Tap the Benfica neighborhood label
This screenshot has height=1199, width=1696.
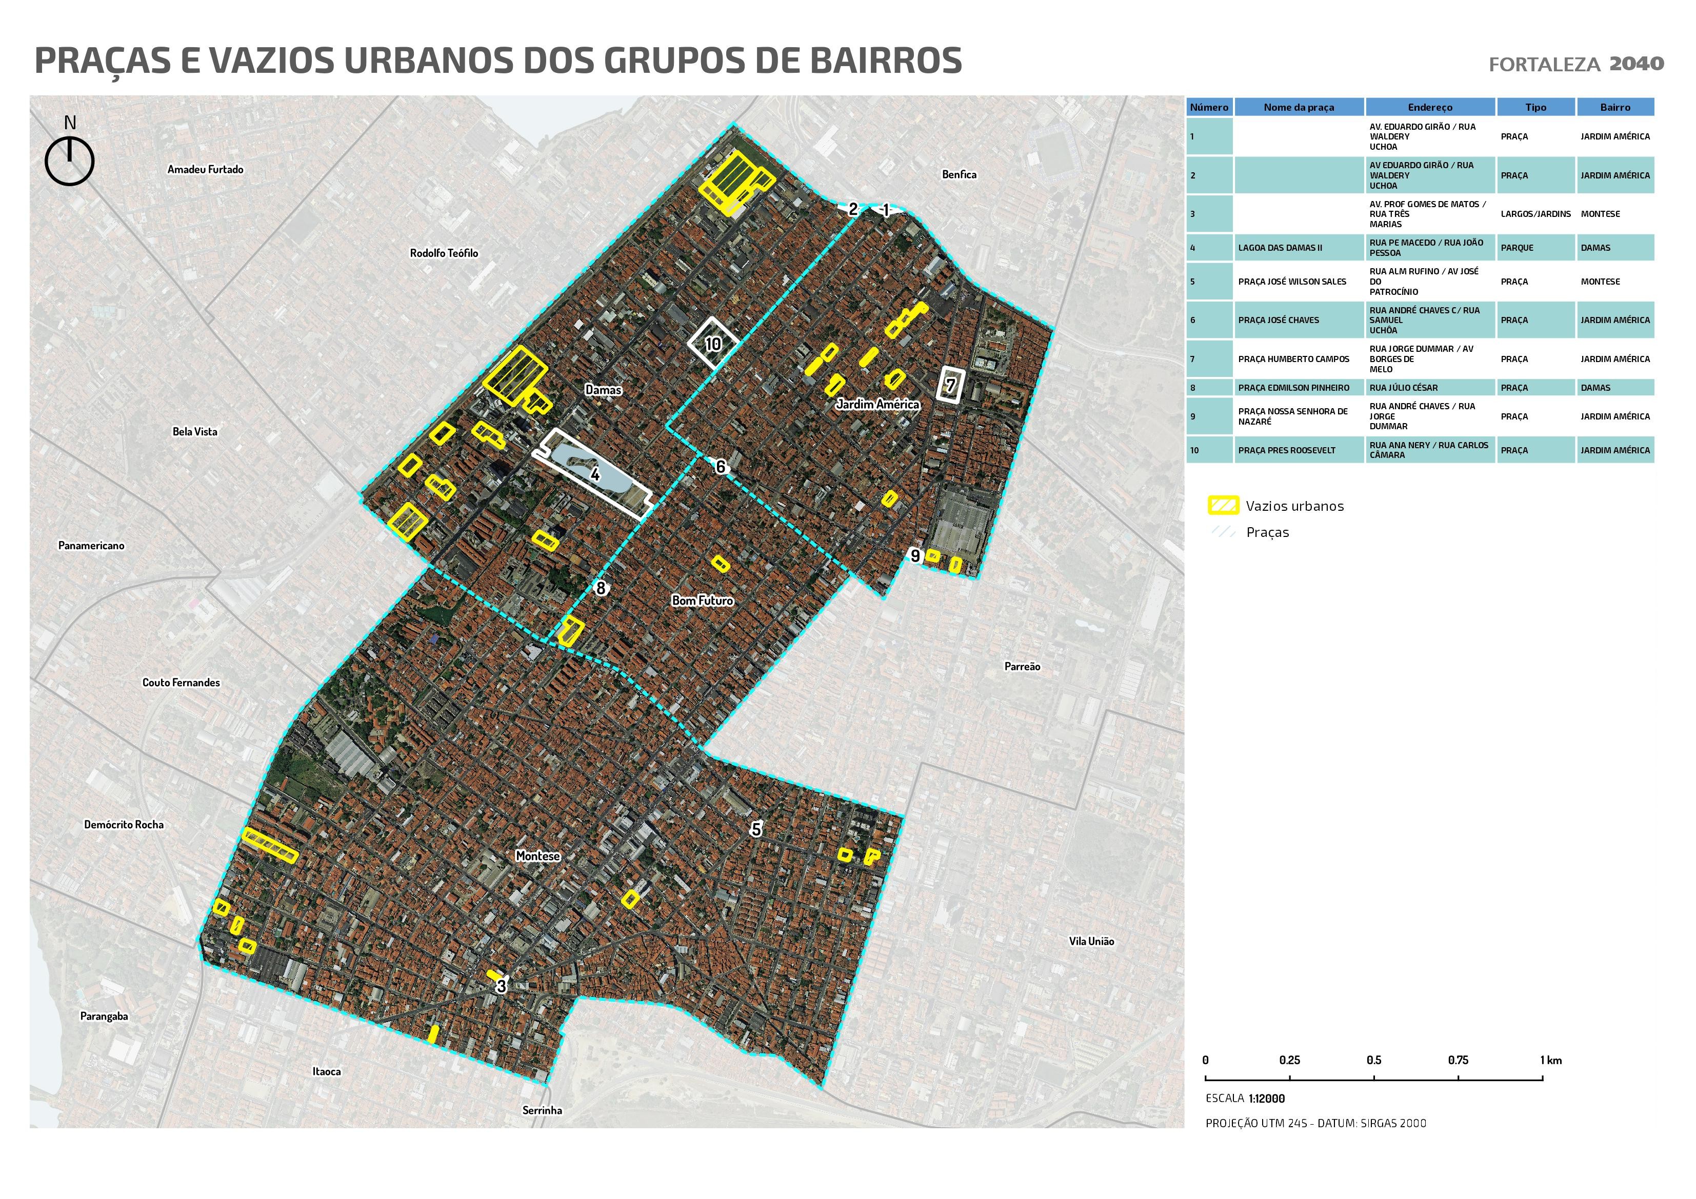959,174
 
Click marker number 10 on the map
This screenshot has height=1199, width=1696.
713,344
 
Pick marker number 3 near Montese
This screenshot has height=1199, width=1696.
502,986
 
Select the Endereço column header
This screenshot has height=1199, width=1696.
1429,107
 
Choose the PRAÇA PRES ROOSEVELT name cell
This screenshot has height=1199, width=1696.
1286,450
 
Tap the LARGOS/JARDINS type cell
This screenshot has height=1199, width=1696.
1535,213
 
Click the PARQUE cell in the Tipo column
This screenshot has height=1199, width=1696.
1517,248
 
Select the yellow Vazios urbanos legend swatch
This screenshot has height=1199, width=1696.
1223,506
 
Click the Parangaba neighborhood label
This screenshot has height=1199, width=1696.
104,1016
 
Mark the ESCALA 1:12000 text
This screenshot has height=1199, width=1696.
1245,1098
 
